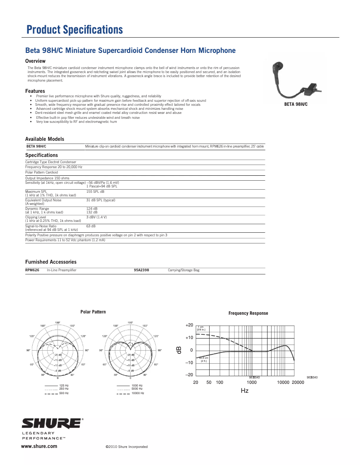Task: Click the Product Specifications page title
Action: click(x=75, y=30)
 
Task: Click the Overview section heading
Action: click(x=35, y=61)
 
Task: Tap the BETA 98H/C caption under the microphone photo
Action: click(x=296, y=104)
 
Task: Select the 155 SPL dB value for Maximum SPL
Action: click(x=95, y=191)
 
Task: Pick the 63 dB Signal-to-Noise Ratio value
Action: click(x=91, y=226)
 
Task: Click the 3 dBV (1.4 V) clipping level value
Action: click(x=97, y=217)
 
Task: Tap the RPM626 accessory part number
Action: click(x=32, y=270)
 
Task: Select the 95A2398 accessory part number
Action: click(x=141, y=270)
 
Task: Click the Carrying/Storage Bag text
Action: click(x=183, y=270)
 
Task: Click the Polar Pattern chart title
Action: click(x=93, y=312)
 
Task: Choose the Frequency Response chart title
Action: click(x=248, y=313)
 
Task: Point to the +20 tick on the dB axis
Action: click(x=189, y=325)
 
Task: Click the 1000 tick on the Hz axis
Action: click(x=251, y=382)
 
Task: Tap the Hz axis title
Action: click(x=244, y=391)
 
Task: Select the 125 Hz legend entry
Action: click(x=64, y=386)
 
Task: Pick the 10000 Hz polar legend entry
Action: click(x=137, y=393)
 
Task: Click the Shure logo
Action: click(x=52, y=424)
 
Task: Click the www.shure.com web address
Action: click(x=40, y=446)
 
